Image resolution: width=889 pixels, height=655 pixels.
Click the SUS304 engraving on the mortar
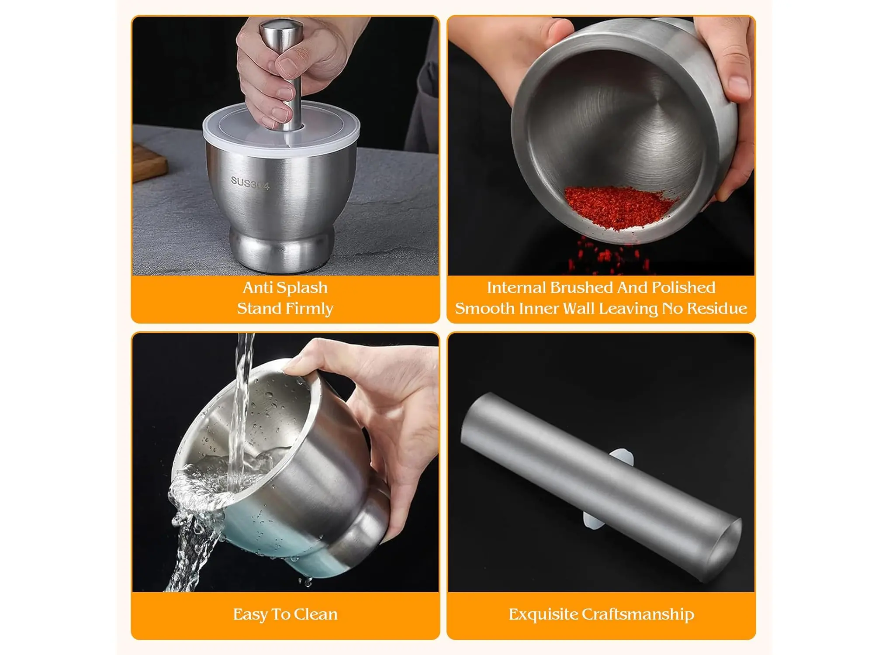click(250, 183)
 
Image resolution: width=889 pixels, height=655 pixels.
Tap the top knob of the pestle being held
click(281, 31)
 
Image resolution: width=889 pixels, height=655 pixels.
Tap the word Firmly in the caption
click(309, 309)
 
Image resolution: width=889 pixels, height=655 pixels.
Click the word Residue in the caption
click(717, 308)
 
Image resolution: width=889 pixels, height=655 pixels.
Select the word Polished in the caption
click(683, 287)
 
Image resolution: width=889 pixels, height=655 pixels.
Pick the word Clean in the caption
click(315, 614)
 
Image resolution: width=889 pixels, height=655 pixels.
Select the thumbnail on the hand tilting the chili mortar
click(738, 86)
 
